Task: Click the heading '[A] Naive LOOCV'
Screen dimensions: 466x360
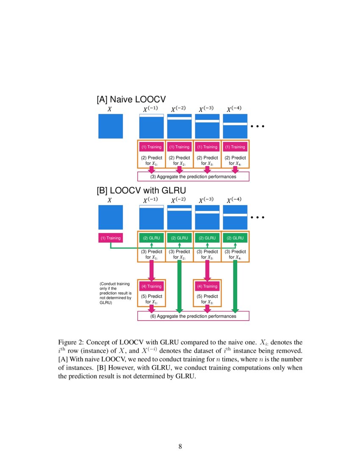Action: click(131, 100)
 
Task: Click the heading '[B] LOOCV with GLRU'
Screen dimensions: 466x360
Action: click(141, 191)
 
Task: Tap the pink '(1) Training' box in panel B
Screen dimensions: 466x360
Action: click(111, 238)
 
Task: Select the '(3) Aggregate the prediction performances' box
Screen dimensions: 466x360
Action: click(194, 176)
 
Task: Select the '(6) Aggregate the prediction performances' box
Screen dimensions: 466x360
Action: click(194, 316)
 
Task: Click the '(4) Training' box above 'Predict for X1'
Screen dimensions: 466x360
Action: click(152, 286)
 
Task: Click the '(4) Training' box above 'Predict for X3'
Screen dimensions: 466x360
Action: click(207, 286)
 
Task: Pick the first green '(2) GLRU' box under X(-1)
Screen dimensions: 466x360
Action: click(152, 238)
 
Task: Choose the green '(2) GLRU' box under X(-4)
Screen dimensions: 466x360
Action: click(235, 238)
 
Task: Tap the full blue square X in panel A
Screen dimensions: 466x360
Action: click(111, 126)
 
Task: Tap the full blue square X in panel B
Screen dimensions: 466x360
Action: click(111, 217)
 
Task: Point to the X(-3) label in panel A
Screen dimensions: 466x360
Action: click(208, 109)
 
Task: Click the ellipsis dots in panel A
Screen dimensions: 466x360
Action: click(258, 126)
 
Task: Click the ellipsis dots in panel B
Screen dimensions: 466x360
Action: click(258, 218)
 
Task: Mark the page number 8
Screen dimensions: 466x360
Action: click(180, 446)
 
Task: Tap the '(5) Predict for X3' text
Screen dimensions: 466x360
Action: click(207, 299)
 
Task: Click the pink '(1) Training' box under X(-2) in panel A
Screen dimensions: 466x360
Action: click(179, 147)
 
